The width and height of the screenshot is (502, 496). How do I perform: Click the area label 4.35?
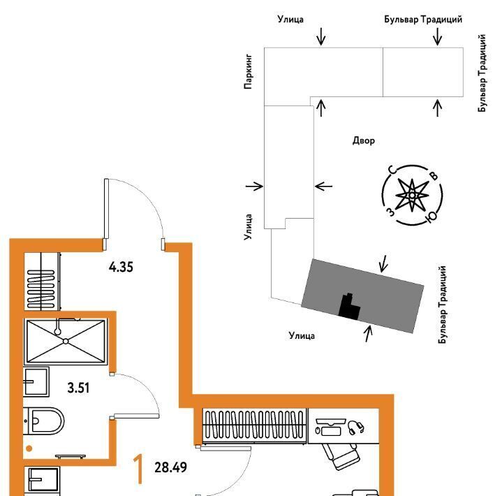click(121, 267)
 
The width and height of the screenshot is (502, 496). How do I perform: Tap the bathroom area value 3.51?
click(78, 388)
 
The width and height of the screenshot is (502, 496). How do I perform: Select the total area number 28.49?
click(170, 467)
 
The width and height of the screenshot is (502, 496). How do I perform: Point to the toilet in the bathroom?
click(44, 421)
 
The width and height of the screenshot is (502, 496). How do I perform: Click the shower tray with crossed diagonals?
click(66, 341)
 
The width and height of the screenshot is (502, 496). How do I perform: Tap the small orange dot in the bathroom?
click(29, 448)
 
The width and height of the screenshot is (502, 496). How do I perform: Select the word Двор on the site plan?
click(364, 140)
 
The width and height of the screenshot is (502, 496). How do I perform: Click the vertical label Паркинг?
click(248, 71)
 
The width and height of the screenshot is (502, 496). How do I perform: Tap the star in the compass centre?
click(413, 195)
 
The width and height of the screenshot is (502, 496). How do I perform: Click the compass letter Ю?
click(431, 217)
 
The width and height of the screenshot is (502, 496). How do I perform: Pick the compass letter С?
click(392, 170)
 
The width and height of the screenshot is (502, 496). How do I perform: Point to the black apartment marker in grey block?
click(349, 307)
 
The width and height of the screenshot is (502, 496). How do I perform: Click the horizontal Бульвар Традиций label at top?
click(423, 20)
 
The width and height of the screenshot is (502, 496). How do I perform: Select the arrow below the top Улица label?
click(320, 36)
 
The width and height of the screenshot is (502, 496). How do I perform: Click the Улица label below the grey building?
click(302, 336)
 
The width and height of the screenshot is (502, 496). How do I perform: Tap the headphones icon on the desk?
click(355, 428)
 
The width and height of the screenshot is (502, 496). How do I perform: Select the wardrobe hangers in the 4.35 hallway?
click(41, 282)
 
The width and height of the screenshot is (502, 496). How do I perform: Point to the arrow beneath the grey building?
click(369, 334)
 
